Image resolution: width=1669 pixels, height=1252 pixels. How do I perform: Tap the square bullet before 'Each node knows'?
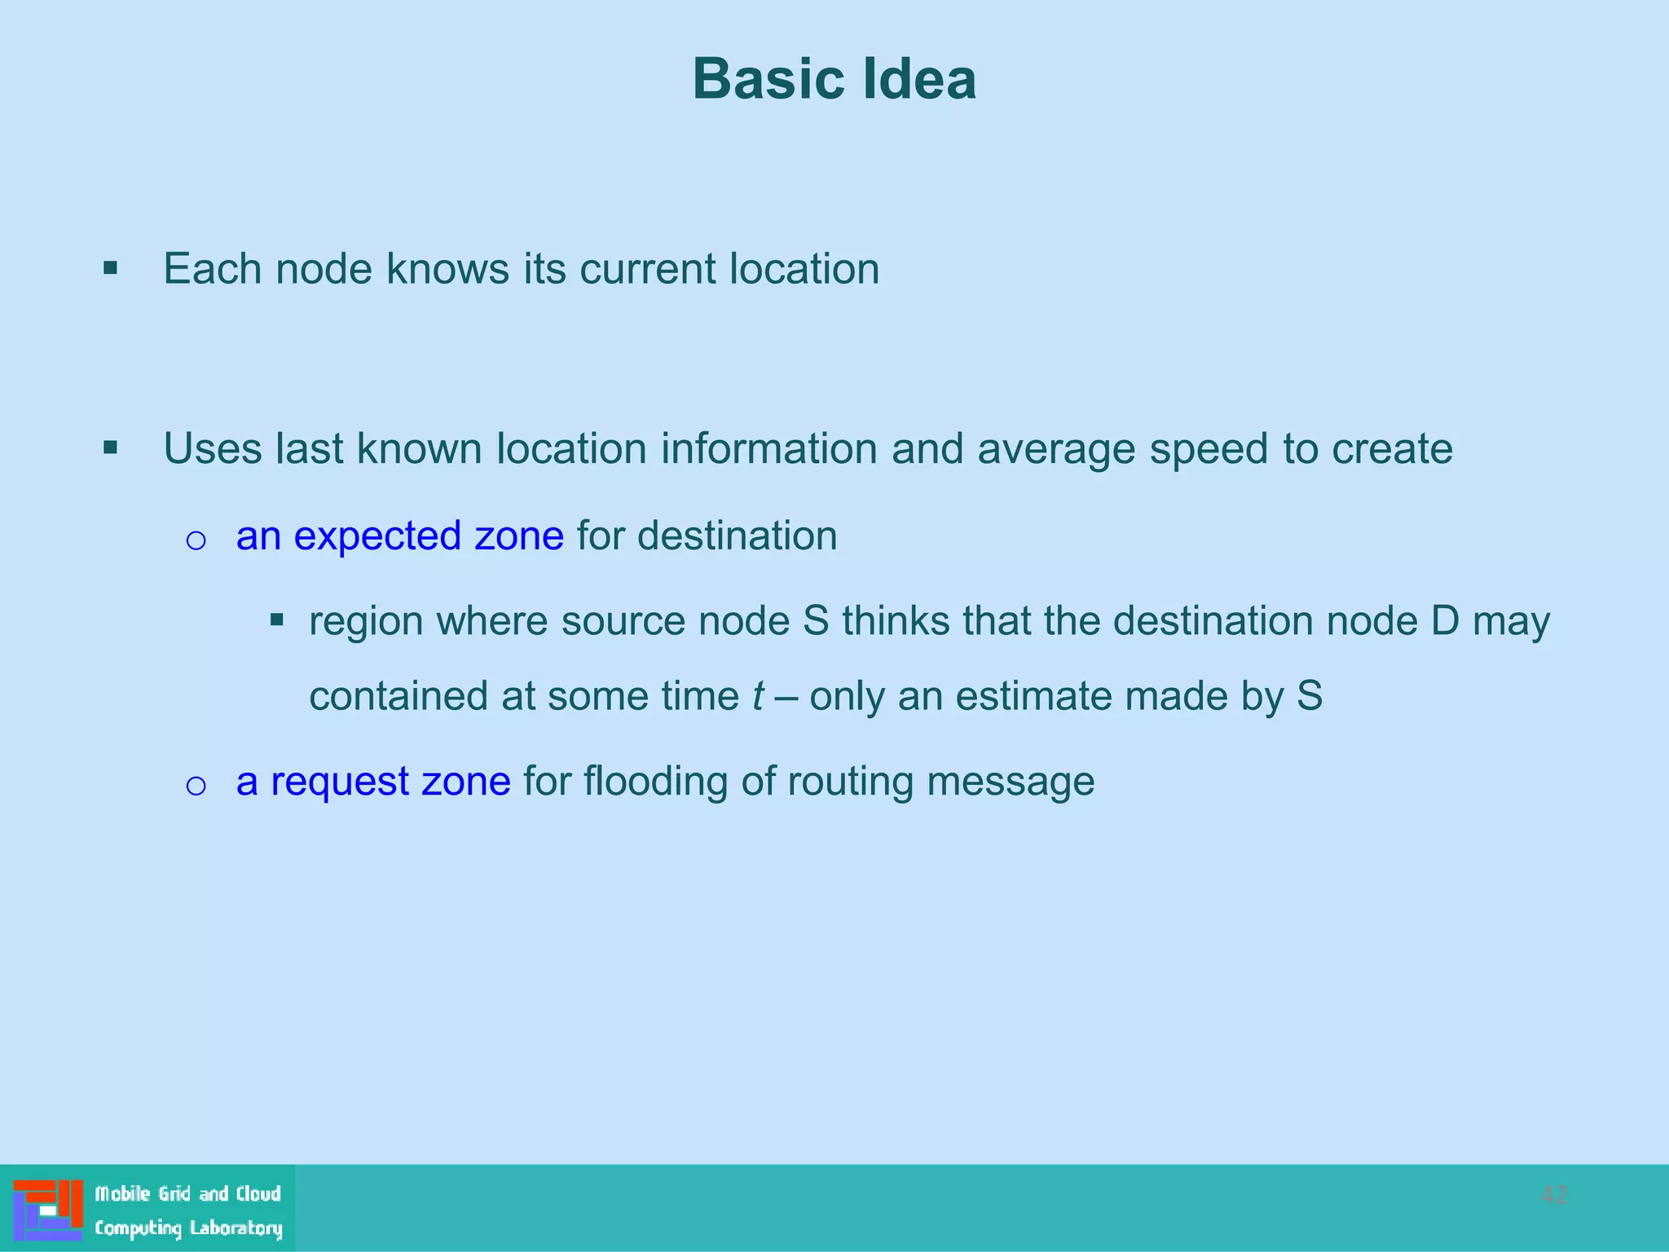[111, 268]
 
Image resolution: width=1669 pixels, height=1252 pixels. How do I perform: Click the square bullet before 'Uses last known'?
[111, 447]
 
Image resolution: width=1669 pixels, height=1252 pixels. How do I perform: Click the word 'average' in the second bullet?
[1056, 450]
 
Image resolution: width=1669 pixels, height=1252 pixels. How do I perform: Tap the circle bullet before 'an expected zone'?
[196, 540]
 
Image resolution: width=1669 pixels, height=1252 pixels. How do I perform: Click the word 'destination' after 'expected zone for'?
[737, 536]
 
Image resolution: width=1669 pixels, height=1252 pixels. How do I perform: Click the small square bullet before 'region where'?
[277, 620]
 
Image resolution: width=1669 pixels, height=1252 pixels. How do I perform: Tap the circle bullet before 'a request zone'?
[196, 785]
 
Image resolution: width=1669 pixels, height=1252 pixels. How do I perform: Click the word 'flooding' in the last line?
[655, 782]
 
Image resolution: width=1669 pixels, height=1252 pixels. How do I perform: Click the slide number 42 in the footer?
[1553, 1196]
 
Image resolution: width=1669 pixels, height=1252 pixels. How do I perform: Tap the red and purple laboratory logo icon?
[47, 1210]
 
